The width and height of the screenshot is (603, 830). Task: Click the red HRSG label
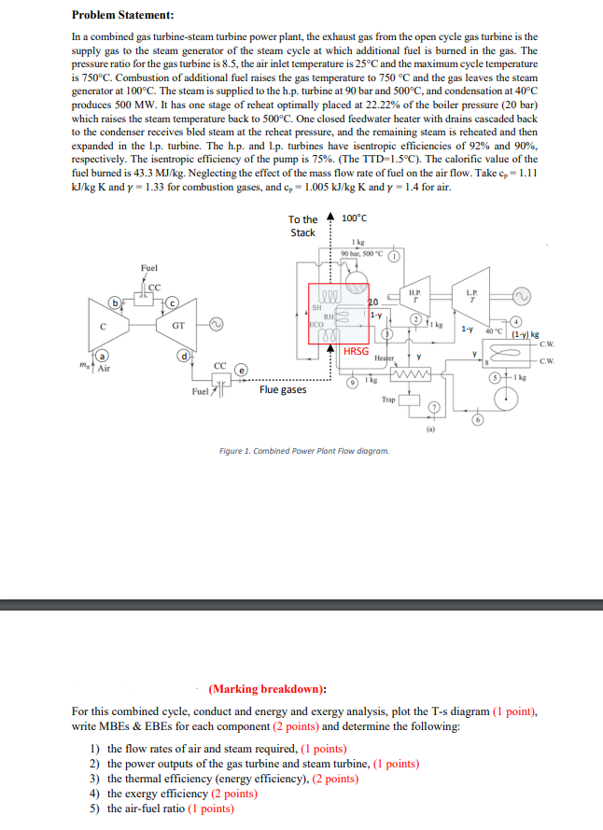click(x=355, y=351)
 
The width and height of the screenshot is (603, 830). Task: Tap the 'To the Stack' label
click(x=302, y=226)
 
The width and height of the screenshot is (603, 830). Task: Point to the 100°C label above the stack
click(x=356, y=218)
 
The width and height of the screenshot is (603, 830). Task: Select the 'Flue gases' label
click(x=282, y=389)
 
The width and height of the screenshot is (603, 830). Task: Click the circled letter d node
click(x=186, y=356)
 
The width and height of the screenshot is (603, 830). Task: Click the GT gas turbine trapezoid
click(x=178, y=327)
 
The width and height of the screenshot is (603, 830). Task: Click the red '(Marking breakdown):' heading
click(x=267, y=689)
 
